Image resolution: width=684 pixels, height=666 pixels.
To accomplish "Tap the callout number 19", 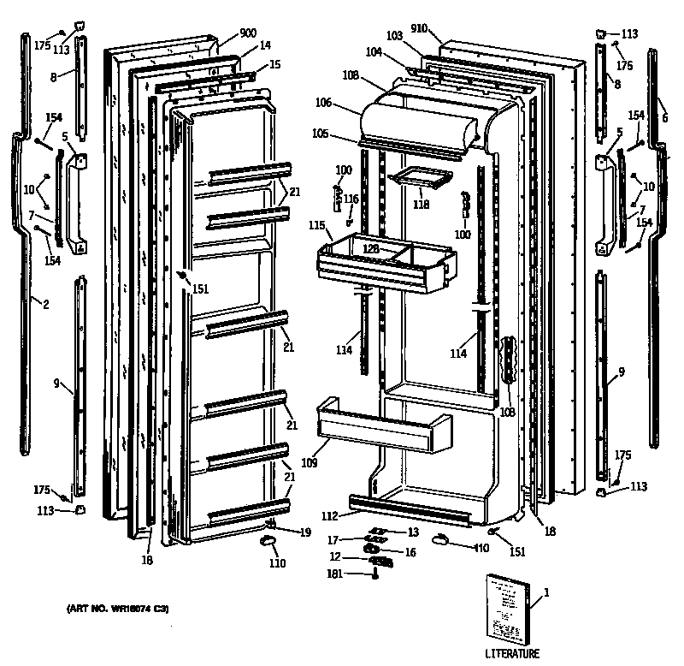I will click(x=305, y=532).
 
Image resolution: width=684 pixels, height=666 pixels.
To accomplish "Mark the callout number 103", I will click(x=393, y=35).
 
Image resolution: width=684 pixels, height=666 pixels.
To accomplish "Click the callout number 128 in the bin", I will click(x=370, y=247).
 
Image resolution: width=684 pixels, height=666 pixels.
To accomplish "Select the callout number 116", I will click(x=351, y=199).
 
